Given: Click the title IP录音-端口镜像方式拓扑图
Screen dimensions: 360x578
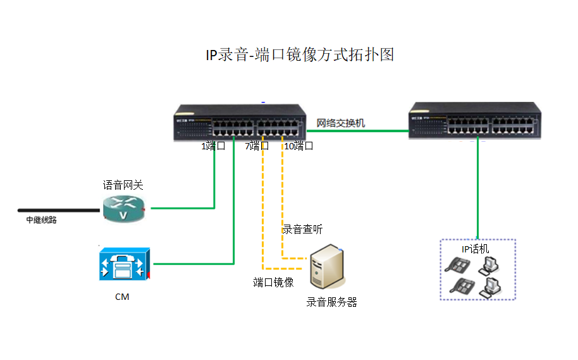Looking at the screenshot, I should pos(300,55).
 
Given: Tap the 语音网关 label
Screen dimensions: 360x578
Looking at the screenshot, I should pos(123,185).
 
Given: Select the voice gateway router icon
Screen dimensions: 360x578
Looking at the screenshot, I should pos(124,208).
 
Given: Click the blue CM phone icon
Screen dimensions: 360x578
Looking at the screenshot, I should pos(123,264).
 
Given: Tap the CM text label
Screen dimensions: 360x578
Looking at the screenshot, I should pos(122,296).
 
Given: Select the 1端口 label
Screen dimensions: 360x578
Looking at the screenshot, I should pos(213,146).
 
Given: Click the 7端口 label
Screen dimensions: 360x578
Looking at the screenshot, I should pos(257,146).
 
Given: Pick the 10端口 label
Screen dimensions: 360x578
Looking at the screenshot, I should pos(298,146).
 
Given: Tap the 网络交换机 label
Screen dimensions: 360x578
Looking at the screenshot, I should pos(341,123).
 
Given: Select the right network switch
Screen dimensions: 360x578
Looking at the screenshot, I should pos(475,121).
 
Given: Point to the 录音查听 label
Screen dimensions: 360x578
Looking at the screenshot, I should pos(302,229).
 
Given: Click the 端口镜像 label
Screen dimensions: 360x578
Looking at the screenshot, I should pos(273,282).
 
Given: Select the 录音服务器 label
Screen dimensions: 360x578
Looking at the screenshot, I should pos(332,302).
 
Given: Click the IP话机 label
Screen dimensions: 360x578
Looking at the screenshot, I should pos(475,249).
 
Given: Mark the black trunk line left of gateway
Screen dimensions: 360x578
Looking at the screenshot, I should pos(60,209).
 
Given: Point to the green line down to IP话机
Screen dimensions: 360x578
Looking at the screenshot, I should pos(477,190).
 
